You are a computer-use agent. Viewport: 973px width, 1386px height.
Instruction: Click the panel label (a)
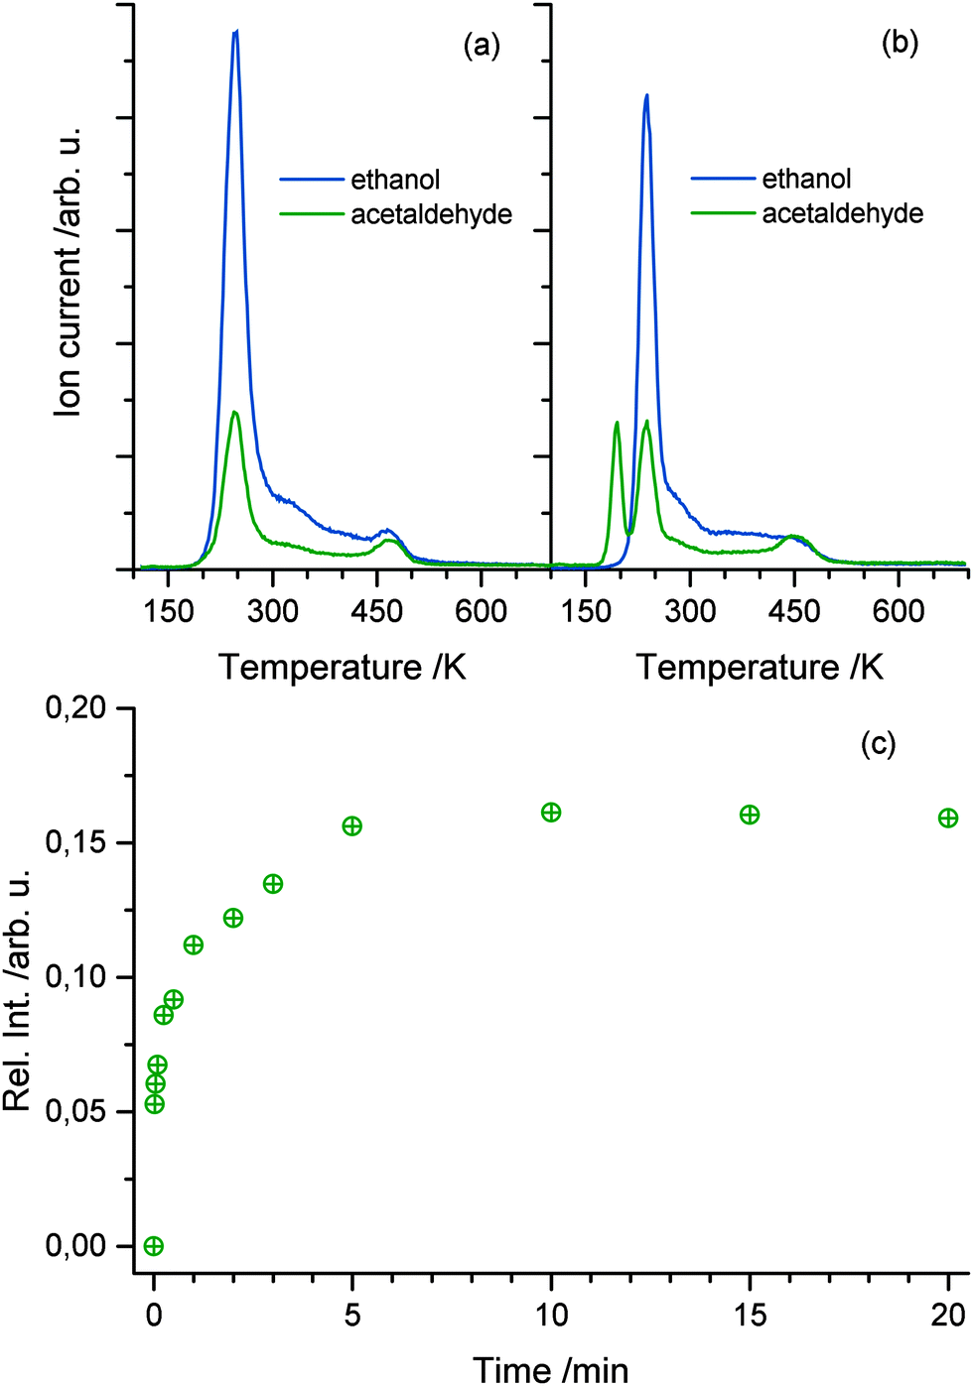click(482, 46)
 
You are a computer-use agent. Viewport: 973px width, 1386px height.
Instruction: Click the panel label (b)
click(900, 43)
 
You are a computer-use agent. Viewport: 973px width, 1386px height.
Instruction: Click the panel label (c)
click(878, 743)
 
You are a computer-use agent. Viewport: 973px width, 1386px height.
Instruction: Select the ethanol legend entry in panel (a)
click(395, 180)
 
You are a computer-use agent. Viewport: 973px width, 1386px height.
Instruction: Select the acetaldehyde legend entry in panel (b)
click(842, 213)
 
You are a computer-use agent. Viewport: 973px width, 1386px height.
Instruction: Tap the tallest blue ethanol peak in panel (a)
click(235, 34)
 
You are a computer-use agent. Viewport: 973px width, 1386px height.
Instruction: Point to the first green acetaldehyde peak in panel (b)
click(617, 424)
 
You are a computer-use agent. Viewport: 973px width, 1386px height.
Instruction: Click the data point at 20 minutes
click(948, 818)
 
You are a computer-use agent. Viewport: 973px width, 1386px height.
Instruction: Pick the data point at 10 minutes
click(551, 813)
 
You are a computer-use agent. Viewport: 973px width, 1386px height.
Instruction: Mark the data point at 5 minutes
click(351, 826)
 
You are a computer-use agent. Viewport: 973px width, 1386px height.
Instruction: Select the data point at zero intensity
click(153, 1246)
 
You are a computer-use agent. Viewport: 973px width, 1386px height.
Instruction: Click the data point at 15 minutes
click(750, 815)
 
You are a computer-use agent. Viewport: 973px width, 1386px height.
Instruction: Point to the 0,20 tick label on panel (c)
click(76, 708)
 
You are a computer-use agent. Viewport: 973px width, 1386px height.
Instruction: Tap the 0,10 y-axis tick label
click(76, 977)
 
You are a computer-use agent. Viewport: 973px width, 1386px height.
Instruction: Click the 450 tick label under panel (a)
click(376, 610)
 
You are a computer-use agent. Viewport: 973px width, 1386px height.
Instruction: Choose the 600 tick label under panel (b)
click(898, 610)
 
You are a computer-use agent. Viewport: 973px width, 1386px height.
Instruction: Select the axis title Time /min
click(550, 1369)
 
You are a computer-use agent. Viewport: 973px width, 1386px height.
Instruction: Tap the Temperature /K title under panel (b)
click(760, 667)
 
